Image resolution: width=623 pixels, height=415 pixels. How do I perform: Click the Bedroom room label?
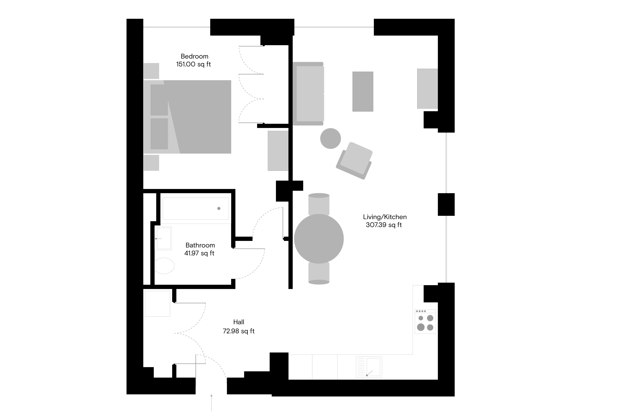click(x=194, y=56)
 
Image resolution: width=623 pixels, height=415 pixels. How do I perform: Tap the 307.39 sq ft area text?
click(x=384, y=225)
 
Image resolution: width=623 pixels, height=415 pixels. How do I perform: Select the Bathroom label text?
click(x=200, y=245)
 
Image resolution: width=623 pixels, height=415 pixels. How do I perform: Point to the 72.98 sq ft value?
click(x=239, y=331)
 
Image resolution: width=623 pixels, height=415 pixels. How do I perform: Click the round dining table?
click(x=319, y=239)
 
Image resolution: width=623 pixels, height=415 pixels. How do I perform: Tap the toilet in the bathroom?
click(x=164, y=266)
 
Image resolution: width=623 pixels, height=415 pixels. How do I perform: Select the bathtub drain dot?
click(x=219, y=209)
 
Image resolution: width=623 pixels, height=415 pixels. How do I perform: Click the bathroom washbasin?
click(x=163, y=238)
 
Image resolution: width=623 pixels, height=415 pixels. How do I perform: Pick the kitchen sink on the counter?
click(x=369, y=367)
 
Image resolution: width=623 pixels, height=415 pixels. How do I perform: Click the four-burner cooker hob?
click(x=425, y=322)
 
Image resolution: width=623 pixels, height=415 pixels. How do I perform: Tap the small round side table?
click(x=330, y=138)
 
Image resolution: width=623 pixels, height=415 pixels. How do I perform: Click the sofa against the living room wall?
click(x=308, y=94)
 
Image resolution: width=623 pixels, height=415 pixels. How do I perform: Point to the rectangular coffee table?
click(x=363, y=92)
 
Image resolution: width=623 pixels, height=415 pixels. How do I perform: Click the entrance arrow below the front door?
click(x=211, y=403)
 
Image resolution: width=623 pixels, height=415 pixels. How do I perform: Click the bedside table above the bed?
click(x=151, y=71)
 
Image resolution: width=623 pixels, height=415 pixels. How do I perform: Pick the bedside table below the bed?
click(x=151, y=163)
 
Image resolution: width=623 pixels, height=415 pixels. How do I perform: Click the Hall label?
click(x=239, y=322)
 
